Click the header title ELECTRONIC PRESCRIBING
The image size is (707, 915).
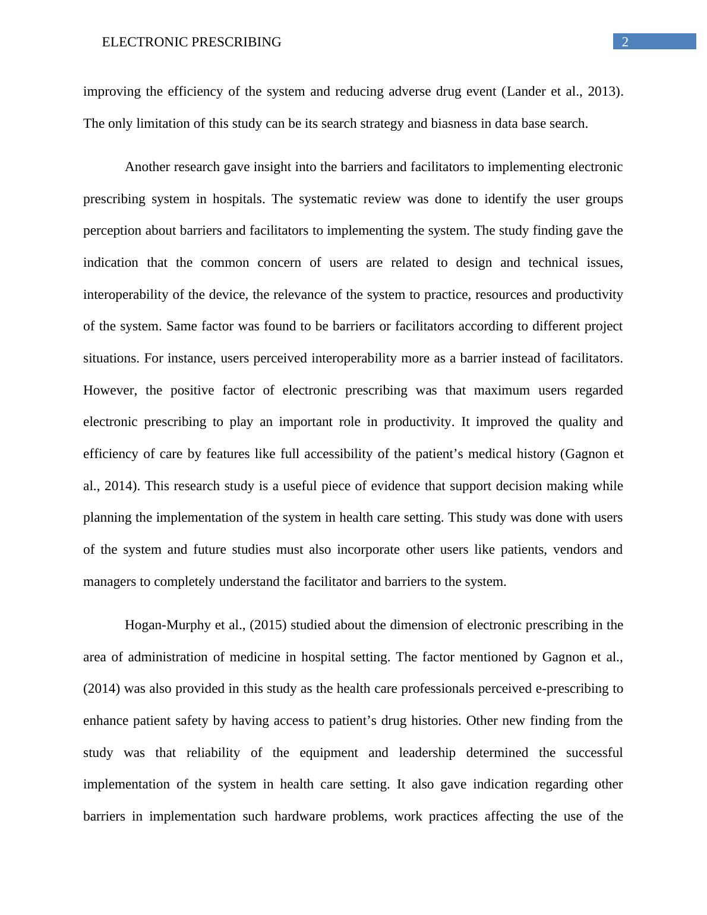pos(191,42)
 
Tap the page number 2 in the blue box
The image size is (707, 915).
pos(625,42)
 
